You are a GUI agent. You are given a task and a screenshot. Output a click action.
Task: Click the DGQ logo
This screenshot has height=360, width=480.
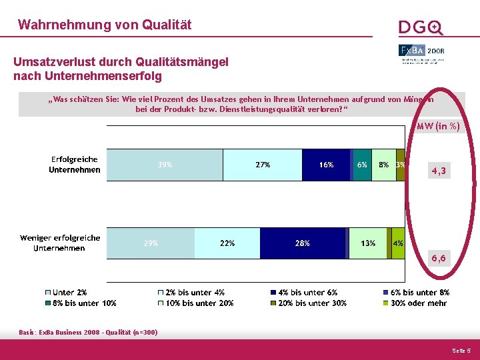(x=421, y=27)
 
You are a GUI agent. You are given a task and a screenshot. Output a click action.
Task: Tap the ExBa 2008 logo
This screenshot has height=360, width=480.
(x=421, y=51)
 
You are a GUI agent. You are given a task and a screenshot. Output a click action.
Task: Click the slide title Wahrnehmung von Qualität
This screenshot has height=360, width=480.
(x=105, y=25)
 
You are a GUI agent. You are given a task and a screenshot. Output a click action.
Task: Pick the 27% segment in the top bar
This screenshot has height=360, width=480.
(x=262, y=165)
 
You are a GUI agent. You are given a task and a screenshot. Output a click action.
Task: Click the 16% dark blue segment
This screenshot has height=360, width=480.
(x=326, y=165)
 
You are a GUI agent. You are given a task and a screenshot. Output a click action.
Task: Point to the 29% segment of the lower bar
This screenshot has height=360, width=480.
(x=151, y=243)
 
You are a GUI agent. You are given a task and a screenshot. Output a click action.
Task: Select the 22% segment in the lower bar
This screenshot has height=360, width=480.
(x=227, y=243)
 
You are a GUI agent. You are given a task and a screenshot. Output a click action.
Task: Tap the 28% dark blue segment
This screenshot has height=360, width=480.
(x=303, y=243)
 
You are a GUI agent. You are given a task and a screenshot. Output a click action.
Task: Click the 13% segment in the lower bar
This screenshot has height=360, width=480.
(x=368, y=243)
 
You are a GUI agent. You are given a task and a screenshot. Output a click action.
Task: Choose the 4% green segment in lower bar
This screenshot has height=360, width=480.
(x=398, y=243)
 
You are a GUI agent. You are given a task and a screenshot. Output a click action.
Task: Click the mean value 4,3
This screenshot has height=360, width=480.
(x=439, y=171)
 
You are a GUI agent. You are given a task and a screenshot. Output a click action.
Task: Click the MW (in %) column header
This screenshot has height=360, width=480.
(x=438, y=126)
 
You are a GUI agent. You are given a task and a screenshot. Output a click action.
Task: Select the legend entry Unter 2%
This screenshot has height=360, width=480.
(x=69, y=293)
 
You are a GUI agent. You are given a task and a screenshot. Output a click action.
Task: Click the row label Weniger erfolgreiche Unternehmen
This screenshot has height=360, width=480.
(x=60, y=243)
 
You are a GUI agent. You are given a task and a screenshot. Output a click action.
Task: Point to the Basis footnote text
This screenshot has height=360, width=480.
(x=88, y=332)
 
